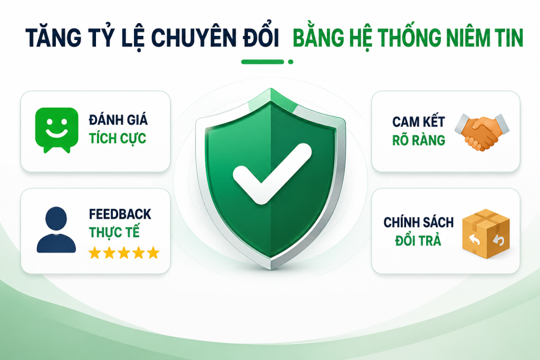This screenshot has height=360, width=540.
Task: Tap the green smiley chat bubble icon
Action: pyautogui.click(x=57, y=130)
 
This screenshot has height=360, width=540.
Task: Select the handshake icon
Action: pyautogui.click(x=482, y=133)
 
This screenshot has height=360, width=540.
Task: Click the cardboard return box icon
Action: pyautogui.click(x=486, y=233)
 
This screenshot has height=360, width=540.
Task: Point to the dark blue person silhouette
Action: pyautogui.click(x=56, y=230)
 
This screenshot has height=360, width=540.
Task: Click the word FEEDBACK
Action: pyautogui.click(x=120, y=214)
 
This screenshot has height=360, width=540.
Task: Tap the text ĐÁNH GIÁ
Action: pyautogui.click(x=118, y=120)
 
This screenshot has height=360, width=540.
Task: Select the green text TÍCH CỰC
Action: pyautogui.click(x=118, y=138)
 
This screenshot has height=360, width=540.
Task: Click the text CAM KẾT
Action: pyautogui.click(x=418, y=122)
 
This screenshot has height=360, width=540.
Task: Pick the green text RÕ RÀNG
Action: pyautogui.click(x=418, y=140)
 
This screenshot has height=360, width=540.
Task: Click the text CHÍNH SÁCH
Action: pyautogui.click(x=418, y=222)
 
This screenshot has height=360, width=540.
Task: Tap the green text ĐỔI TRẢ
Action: pyautogui.click(x=418, y=240)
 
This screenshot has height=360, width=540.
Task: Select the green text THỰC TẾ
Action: pyautogui.click(x=114, y=232)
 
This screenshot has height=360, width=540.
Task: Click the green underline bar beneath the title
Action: pyautogui.click(x=263, y=62)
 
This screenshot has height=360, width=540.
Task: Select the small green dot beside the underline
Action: pyautogui.click(x=291, y=62)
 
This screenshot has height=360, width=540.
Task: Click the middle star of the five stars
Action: pyautogui.click(x=123, y=253)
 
